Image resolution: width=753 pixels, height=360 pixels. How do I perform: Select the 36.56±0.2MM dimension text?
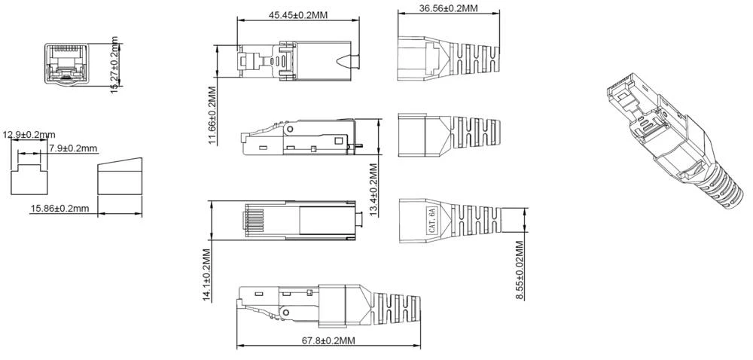[x=448, y=8]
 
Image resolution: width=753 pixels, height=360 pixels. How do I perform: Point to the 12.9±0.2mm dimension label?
[x=29, y=136]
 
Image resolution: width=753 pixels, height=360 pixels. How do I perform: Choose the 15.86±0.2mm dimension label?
[x=59, y=208]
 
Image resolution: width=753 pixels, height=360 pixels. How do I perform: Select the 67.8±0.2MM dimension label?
[x=328, y=341]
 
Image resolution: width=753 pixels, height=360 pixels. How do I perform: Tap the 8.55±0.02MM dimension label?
[x=520, y=269]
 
